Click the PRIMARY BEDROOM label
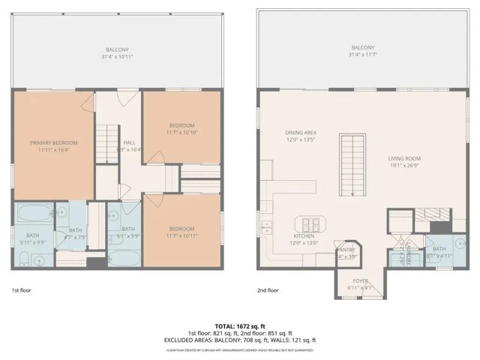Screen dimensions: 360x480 click(54, 142)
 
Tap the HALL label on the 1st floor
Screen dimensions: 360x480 click(130, 142)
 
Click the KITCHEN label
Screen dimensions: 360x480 click(304, 235)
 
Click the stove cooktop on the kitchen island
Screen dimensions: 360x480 click(311, 223)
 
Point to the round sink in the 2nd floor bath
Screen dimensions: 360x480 click(458, 242)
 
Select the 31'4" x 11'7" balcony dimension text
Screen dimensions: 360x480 click(362, 55)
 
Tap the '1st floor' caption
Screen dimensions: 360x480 click(21, 290)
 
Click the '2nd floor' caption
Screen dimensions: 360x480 click(267, 290)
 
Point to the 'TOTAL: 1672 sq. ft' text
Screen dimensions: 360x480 click(239, 325)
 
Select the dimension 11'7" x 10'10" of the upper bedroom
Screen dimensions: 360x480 click(181, 133)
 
